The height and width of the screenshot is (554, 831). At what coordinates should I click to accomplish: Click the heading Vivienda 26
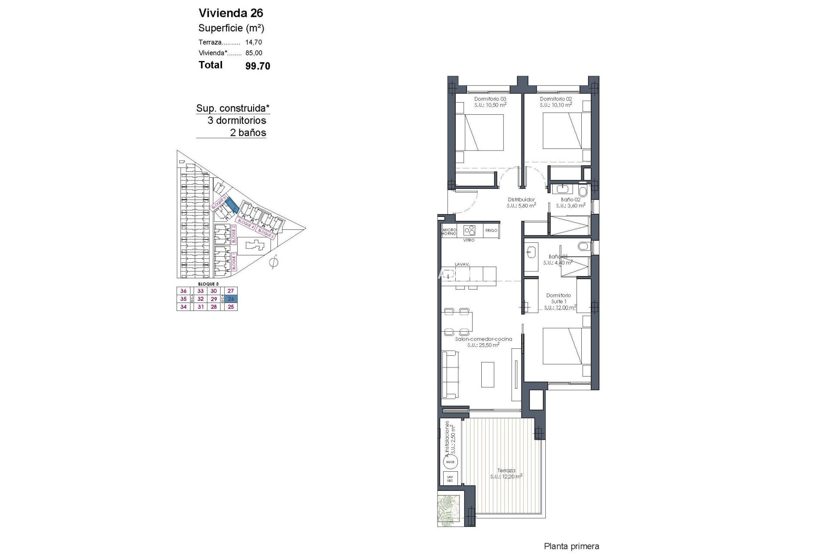pyautogui.click(x=231, y=13)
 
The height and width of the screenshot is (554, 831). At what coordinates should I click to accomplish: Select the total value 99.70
pyautogui.click(x=258, y=66)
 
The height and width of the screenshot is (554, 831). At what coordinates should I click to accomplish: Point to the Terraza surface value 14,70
pyautogui.click(x=254, y=42)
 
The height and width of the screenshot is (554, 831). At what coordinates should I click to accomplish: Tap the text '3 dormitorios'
pyautogui.click(x=237, y=120)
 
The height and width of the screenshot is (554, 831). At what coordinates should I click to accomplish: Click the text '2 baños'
pyautogui.click(x=248, y=133)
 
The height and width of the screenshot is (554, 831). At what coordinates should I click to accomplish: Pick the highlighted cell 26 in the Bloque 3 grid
pyautogui.click(x=231, y=299)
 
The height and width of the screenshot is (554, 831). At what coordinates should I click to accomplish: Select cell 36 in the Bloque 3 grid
pyautogui.click(x=184, y=291)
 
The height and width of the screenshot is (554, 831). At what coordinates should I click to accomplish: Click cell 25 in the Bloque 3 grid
pyautogui.click(x=231, y=307)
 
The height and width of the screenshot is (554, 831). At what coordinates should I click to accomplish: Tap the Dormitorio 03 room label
pyautogui.click(x=490, y=99)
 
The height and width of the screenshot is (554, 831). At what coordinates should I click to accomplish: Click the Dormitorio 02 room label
pyautogui.click(x=556, y=99)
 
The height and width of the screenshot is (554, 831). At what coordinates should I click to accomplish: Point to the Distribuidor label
pyautogui.click(x=521, y=200)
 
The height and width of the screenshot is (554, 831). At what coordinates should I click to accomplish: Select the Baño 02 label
pyautogui.click(x=570, y=200)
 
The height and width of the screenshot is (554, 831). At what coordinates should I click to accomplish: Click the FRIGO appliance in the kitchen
pyautogui.click(x=491, y=231)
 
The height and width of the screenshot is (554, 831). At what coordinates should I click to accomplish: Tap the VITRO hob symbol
pyautogui.click(x=469, y=230)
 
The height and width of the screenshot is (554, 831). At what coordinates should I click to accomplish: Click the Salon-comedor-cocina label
pyautogui.click(x=483, y=339)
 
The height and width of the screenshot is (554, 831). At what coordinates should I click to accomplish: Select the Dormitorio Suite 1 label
pyautogui.click(x=558, y=298)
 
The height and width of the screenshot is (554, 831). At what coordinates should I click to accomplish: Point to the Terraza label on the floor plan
pyautogui.click(x=506, y=470)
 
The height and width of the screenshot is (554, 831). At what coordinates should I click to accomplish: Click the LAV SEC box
pyautogui.click(x=450, y=479)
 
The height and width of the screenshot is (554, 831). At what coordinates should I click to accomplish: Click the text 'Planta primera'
pyautogui.click(x=571, y=547)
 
